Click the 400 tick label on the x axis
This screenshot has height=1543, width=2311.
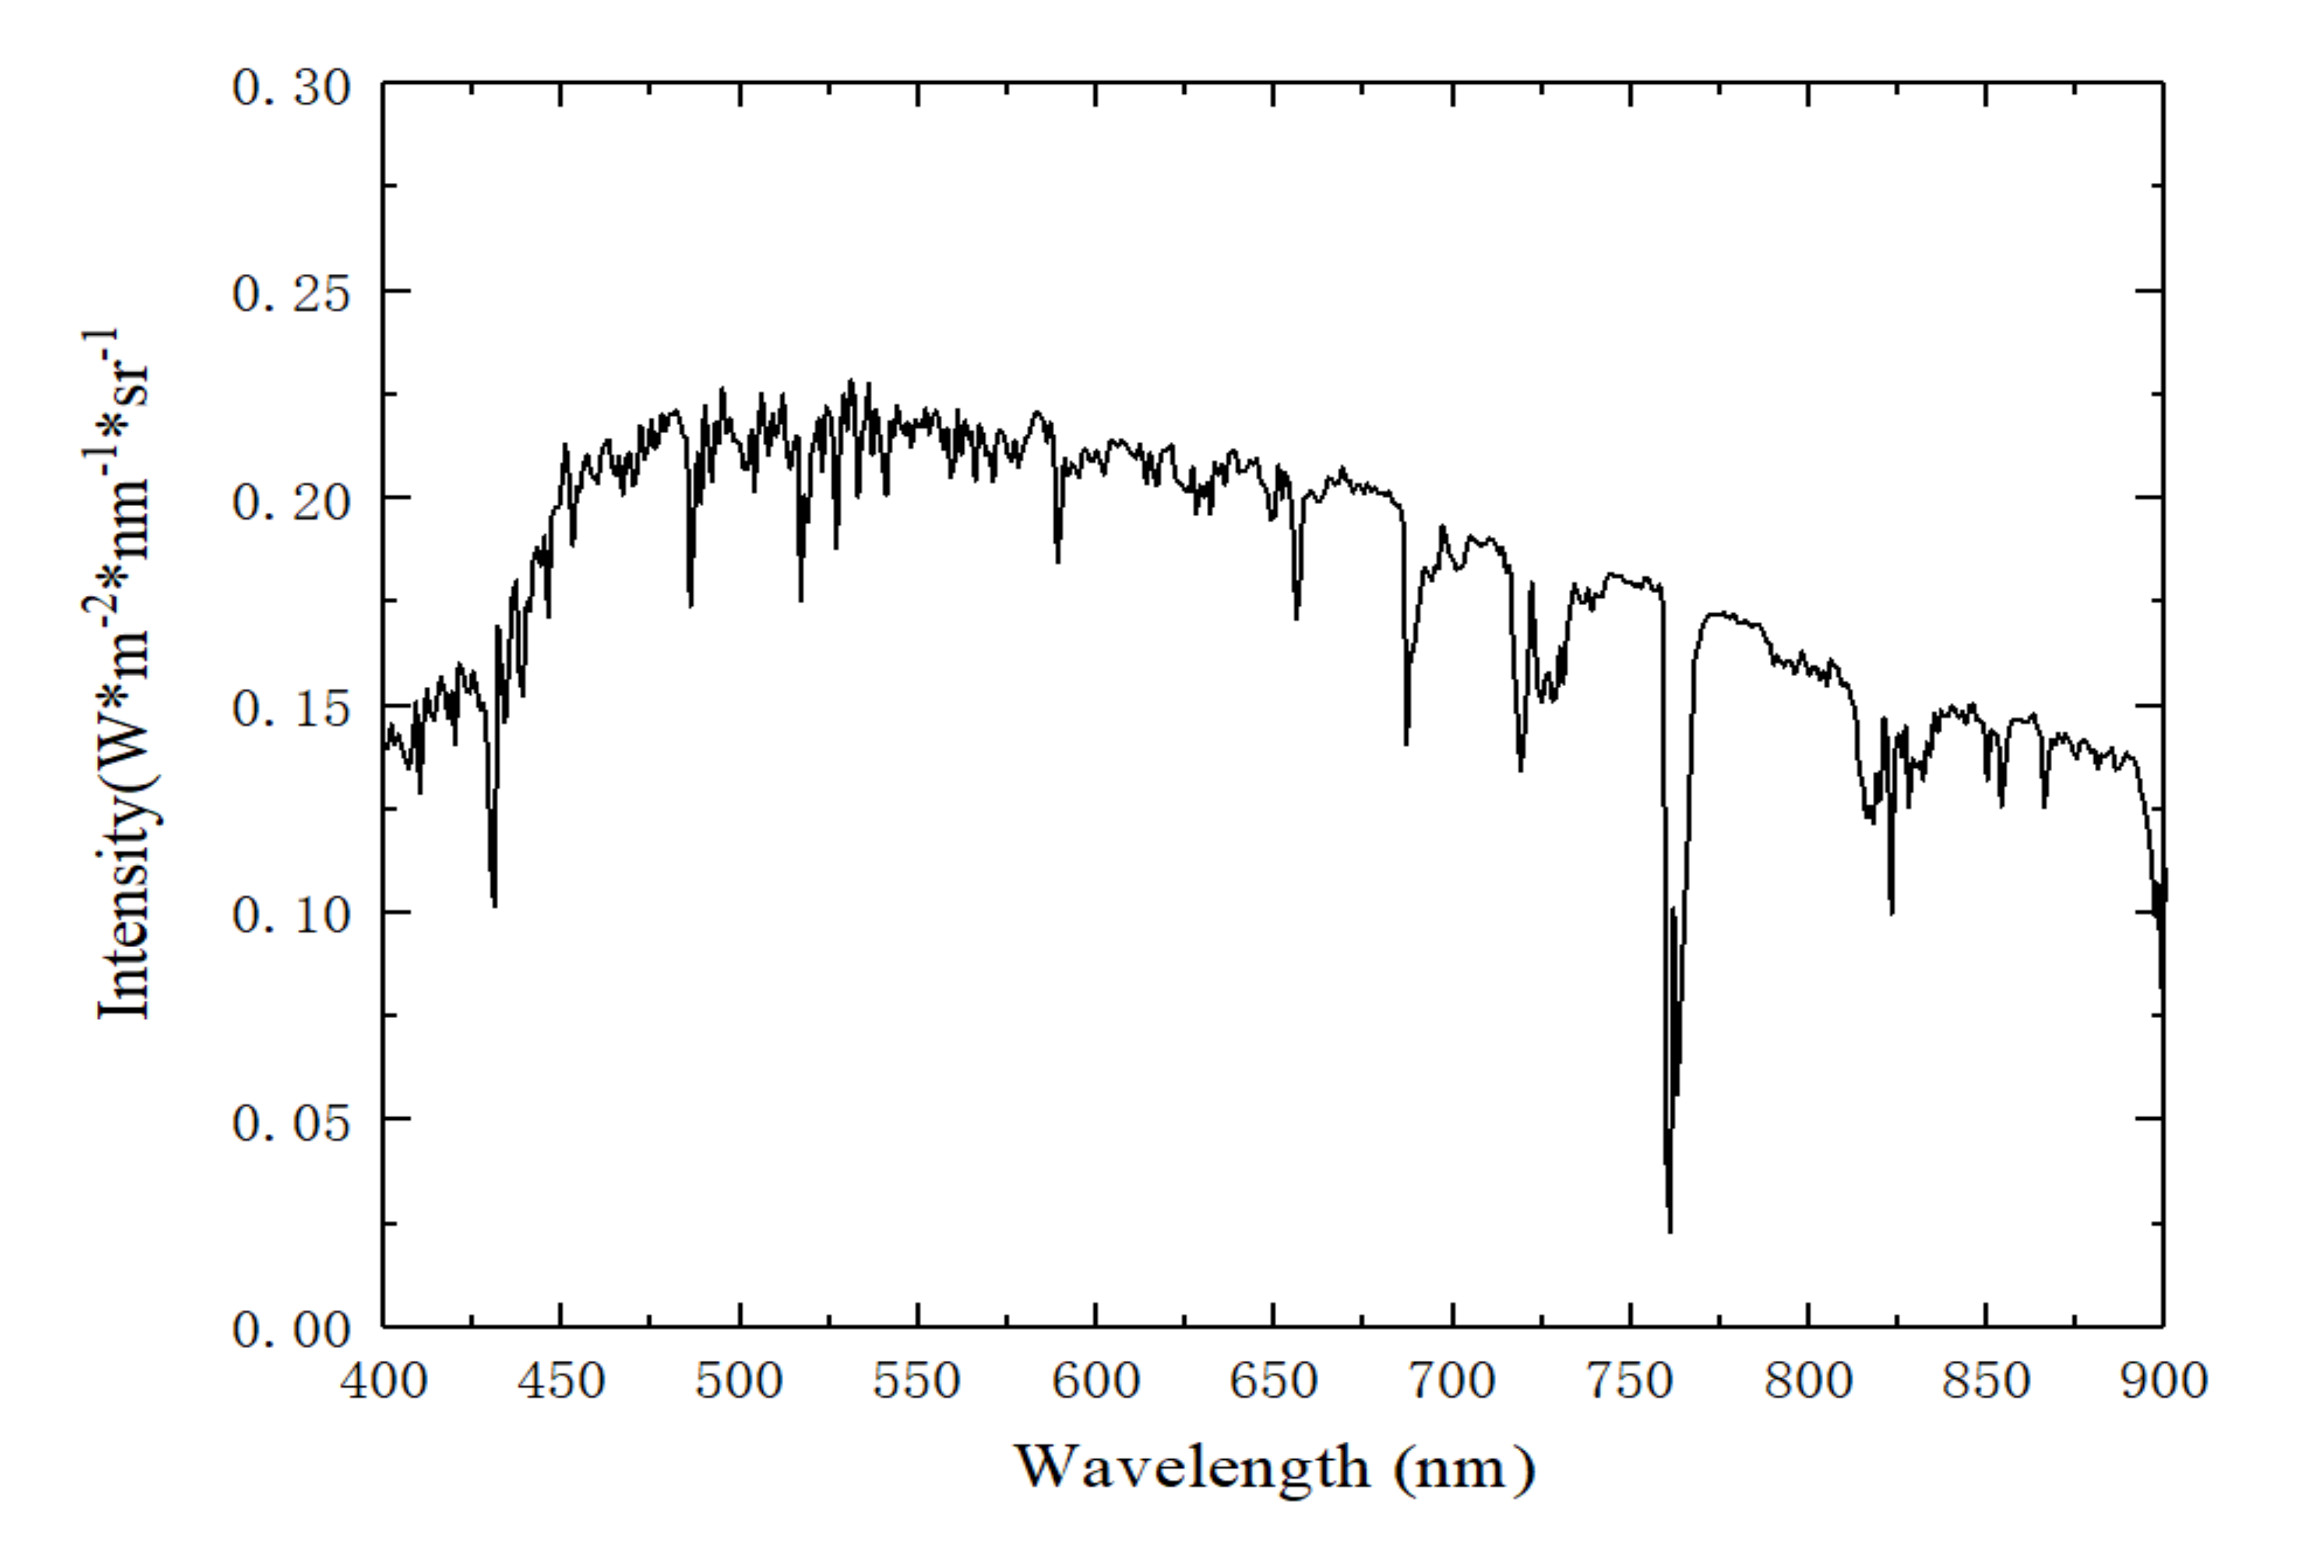[384, 1380]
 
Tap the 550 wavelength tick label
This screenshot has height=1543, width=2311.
[917, 1380]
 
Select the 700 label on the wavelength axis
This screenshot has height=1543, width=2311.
[1451, 1380]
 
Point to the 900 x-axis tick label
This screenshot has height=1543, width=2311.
[2163, 1380]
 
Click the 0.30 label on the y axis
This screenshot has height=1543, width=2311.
[291, 88]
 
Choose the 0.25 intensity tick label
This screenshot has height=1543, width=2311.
[291, 294]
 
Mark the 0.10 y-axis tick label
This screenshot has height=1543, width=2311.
[291, 916]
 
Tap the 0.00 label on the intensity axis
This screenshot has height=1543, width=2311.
[291, 1330]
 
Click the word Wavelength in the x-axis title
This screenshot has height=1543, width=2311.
[1192, 1467]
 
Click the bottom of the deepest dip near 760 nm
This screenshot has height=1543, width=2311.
[1670, 1230]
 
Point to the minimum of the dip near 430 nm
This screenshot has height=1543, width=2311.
[495, 905]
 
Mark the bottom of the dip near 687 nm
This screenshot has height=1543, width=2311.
[1407, 743]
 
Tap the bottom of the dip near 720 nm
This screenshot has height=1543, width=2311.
[1521, 769]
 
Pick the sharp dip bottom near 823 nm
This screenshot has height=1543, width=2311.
[1892, 912]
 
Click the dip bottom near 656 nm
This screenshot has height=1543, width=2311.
[1297, 618]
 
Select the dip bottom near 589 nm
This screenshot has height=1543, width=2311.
[1059, 561]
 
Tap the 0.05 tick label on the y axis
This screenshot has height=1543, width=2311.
[291, 1124]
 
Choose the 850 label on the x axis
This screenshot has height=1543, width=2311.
[1986, 1380]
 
